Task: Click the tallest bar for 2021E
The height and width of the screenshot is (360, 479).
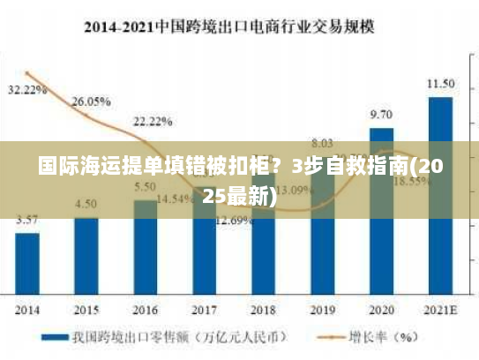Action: coord(440,194)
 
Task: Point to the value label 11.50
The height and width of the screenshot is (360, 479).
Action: coord(440,84)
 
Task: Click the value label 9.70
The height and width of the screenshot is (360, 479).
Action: coord(381,115)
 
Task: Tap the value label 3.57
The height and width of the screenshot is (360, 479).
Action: coord(27,220)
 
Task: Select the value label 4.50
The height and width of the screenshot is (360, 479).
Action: coord(86,204)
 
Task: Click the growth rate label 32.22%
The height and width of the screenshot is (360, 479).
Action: coord(26,90)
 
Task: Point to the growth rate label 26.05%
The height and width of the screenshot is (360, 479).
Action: coord(91,101)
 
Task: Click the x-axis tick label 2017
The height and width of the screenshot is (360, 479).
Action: coord(204,310)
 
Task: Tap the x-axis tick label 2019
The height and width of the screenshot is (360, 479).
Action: coord(322,310)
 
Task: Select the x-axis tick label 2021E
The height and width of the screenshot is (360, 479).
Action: coord(440,310)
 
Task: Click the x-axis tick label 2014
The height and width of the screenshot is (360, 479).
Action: coord(27,310)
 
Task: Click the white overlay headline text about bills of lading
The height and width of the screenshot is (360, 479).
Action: coord(240,180)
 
